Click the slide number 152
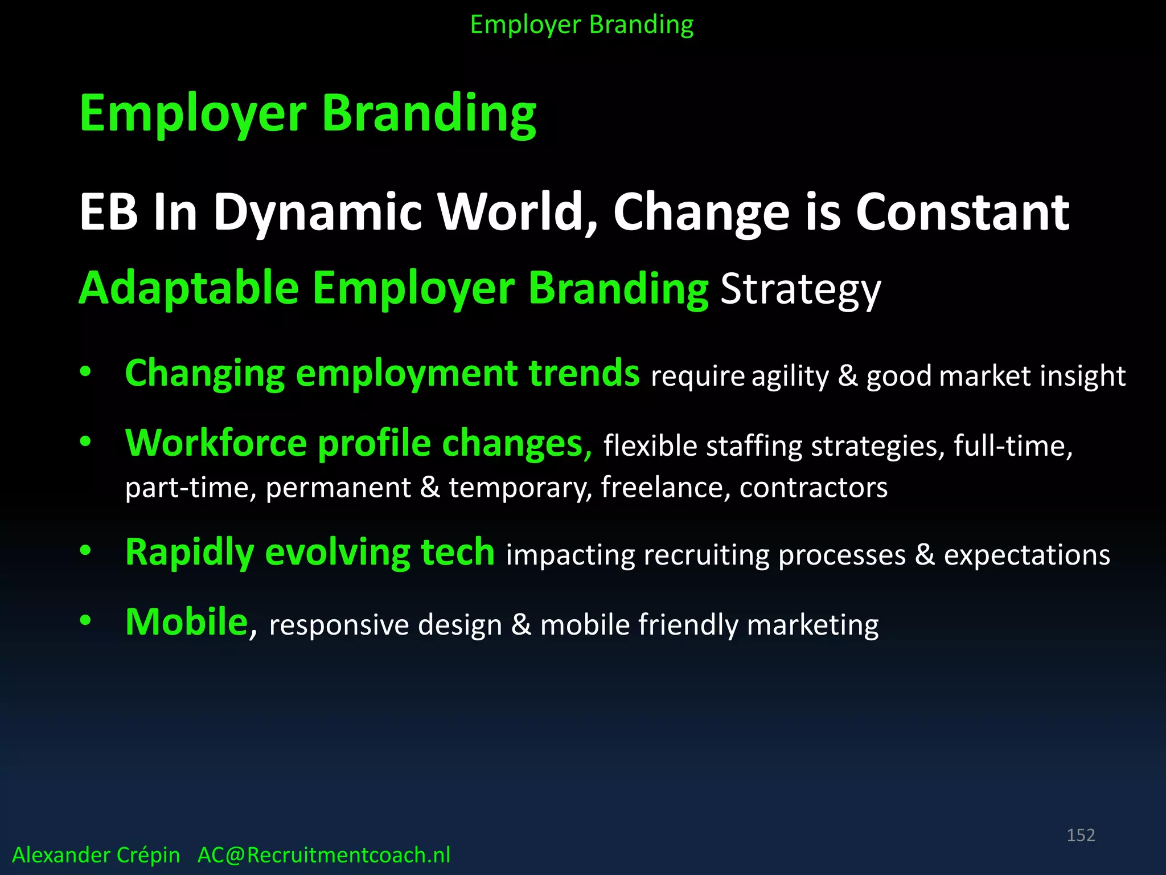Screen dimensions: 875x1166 point(1080,835)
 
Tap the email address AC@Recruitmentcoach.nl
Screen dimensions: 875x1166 point(323,855)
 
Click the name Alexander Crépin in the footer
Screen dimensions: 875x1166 point(96,855)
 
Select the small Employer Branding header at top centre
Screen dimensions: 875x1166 point(582,25)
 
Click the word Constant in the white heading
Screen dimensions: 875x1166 point(962,212)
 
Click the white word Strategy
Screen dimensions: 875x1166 point(800,290)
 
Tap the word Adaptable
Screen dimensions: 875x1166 point(188,289)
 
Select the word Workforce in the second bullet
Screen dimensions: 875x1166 point(216,443)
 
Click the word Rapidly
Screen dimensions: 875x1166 point(189,553)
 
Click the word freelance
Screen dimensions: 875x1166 point(662,488)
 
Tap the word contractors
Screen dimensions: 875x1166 point(813,488)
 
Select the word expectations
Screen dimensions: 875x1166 point(1027,555)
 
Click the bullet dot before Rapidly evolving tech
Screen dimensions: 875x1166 point(85,550)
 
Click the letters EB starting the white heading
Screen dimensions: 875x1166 point(108,212)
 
